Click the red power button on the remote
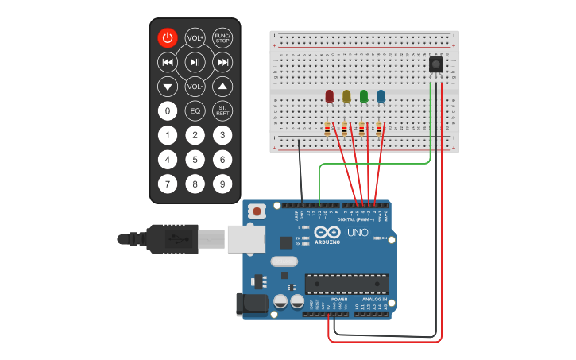(167, 37)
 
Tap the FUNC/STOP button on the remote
(222, 37)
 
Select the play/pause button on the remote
(195, 62)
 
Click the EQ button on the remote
(195, 110)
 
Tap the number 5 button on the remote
(195, 159)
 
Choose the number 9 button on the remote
(222, 184)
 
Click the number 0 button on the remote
(167, 110)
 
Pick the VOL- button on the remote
(195, 86)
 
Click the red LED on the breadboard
(329, 96)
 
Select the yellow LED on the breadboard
(346, 96)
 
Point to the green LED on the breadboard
(364, 96)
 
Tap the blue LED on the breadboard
(381, 96)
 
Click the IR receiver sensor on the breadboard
(435, 64)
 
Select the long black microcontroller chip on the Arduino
(347, 284)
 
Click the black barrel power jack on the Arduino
(250, 304)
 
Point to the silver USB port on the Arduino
(245, 238)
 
